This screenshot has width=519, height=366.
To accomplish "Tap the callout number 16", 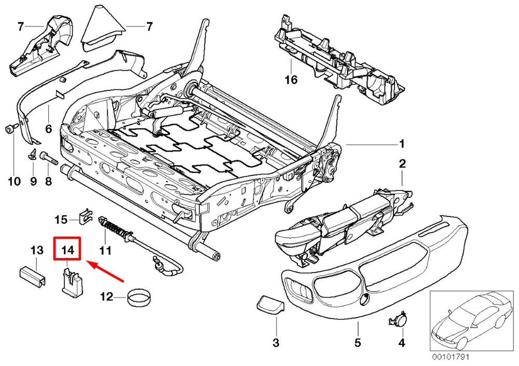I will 291,79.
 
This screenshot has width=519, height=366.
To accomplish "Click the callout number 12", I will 106,297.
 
